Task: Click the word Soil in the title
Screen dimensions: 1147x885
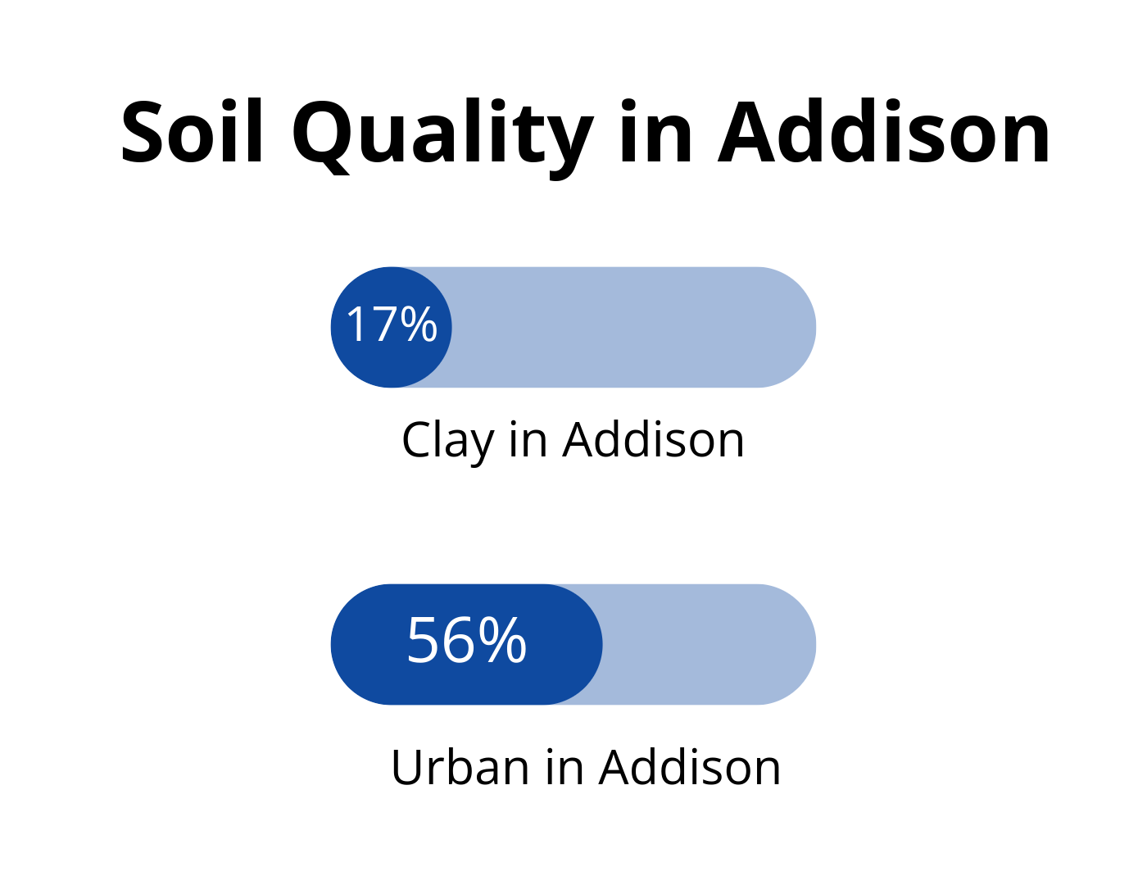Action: pos(192,131)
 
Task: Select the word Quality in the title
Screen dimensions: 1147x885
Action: pos(443,138)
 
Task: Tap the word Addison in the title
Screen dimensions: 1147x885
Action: pos(884,131)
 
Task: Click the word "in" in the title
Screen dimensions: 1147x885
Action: pos(655,131)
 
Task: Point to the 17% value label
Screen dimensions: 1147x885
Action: pos(391,324)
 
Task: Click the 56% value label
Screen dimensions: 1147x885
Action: pos(467,640)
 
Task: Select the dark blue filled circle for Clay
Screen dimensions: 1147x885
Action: pos(391,327)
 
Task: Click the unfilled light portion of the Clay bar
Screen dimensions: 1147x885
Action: pos(633,327)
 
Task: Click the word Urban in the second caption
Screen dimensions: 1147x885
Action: pos(460,767)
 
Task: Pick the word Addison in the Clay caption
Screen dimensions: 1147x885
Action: pos(654,439)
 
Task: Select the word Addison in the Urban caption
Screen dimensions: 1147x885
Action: pos(690,767)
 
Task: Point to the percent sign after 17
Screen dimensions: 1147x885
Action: pos(419,324)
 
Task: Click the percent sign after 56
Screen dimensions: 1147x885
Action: pos(503,640)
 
